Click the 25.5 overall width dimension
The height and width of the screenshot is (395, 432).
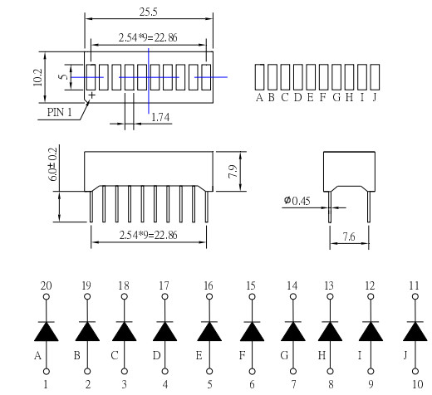pyautogui.click(x=148, y=12)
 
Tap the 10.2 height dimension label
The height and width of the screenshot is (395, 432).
pyautogui.click(x=37, y=77)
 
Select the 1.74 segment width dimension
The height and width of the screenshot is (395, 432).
pyautogui.click(x=160, y=117)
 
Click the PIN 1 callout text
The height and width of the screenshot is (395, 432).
pyautogui.click(x=60, y=112)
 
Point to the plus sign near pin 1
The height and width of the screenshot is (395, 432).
pyautogui.click(x=91, y=95)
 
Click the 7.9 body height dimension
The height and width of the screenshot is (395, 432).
pyautogui.click(x=233, y=172)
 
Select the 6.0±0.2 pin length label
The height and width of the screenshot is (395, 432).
pyautogui.click(x=52, y=164)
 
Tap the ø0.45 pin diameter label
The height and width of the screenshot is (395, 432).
pyautogui.click(x=297, y=201)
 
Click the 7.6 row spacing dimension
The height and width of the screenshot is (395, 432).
pyautogui.click(x=349, y=237)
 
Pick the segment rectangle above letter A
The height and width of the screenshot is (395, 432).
pyautogui.click(x=259, y=77)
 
